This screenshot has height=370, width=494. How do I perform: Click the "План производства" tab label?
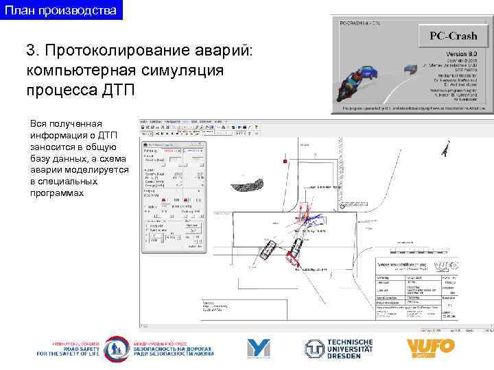(x=61, y=10)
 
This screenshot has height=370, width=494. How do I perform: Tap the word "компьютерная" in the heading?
(x=89, y=70)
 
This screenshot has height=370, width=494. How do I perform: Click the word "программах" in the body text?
(x=56, y=193)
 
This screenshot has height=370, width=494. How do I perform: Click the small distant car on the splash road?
(x=410, y=68)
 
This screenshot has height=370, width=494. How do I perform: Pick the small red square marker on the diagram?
(x=284, y=161)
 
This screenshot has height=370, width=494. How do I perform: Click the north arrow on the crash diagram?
(x=445, y=148)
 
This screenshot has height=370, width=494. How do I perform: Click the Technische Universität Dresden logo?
(x=340, y=349)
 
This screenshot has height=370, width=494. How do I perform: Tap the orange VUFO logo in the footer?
(x=430, y=349)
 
